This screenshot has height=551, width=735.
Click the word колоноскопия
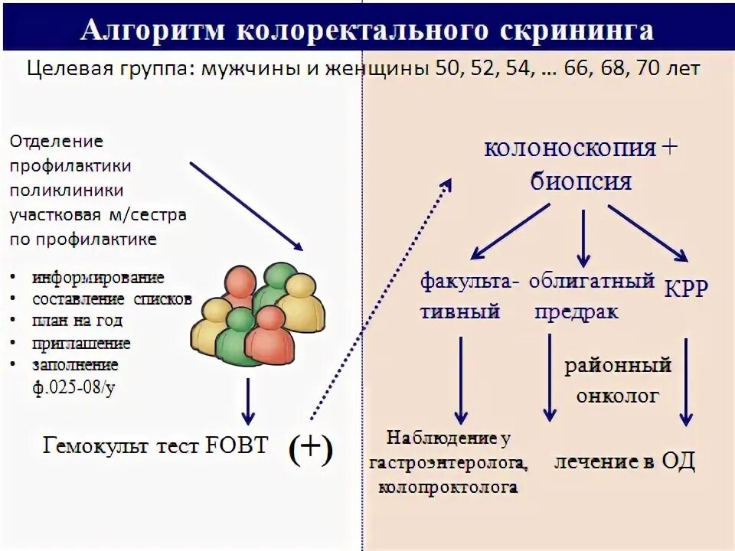click(570, 148)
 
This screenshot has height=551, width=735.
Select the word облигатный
click(592, 280)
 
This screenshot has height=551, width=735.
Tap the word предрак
click(577, 312)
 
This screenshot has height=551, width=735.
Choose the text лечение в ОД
click(626, 462)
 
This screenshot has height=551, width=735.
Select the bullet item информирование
click(98, 276)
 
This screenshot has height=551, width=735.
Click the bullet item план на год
click(77, 321)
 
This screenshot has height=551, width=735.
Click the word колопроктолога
click(448, 487)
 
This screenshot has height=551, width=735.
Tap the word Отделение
click(57, 142)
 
